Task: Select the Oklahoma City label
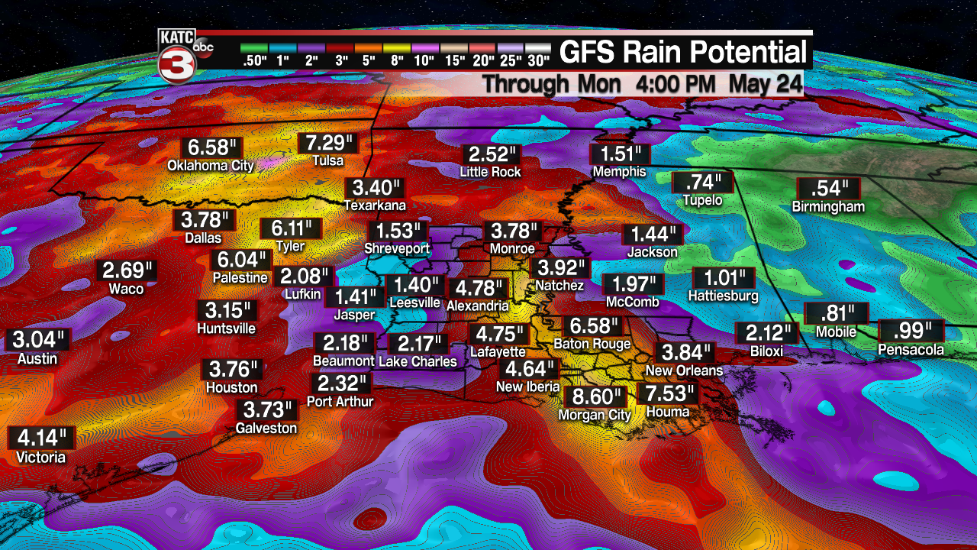(210, 164)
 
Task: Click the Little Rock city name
(490, 172)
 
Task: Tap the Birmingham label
(828, 206)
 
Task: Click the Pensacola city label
(911, 350)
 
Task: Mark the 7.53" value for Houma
(667, 394)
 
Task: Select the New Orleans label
(684, 370)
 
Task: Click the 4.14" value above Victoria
(41, 438)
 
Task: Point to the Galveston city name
(266, 428)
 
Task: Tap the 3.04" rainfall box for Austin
(38, 340)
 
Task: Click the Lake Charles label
(418, 361)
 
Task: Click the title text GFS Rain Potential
(683, 53)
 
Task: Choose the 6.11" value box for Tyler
(291, 228)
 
